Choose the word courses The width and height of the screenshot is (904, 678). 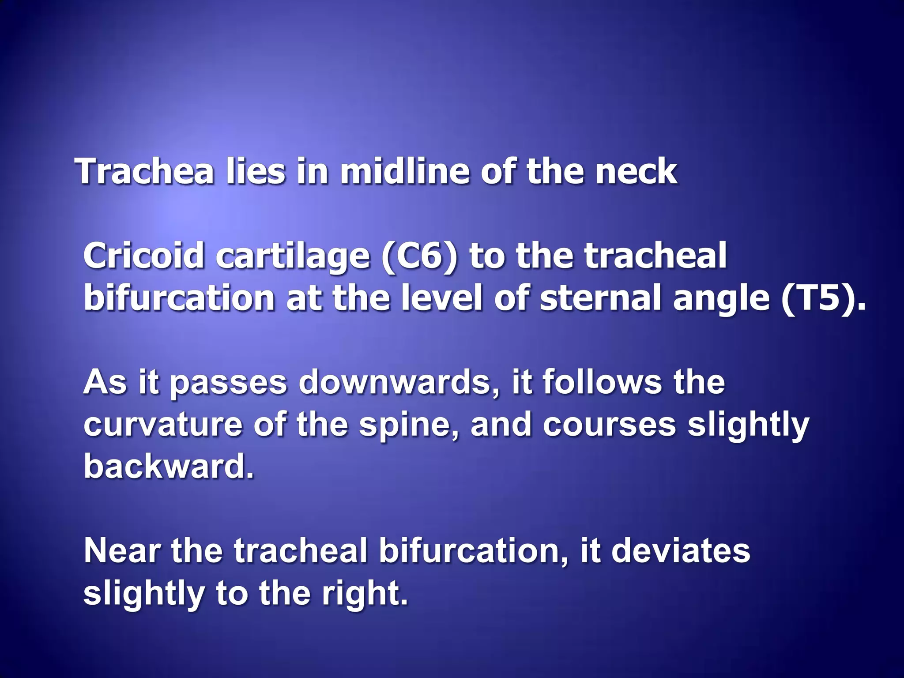(610, 424)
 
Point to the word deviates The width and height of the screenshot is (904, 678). (681, 550)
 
